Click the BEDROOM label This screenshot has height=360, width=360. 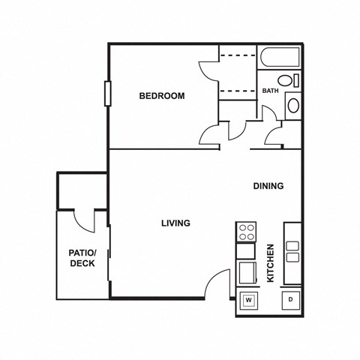pos(161,96)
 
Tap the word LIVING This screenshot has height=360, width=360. pos(175,223)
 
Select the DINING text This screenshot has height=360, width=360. pos(268,186)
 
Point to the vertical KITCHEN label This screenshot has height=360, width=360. pos(271,263)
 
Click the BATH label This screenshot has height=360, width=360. pos(270,91)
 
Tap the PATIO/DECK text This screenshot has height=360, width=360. pos(82,258)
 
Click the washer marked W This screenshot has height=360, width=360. pos(247,301)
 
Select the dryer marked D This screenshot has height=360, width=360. pos(290,301)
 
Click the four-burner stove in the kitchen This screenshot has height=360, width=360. pos(245,232)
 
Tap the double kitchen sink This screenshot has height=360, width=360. pos(292,251)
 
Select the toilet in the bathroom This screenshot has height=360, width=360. pos(285,81)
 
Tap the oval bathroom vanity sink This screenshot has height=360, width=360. pos(293,104)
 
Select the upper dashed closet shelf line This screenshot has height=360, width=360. pos(238,58)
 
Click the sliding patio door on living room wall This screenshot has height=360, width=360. pos(109,259)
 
